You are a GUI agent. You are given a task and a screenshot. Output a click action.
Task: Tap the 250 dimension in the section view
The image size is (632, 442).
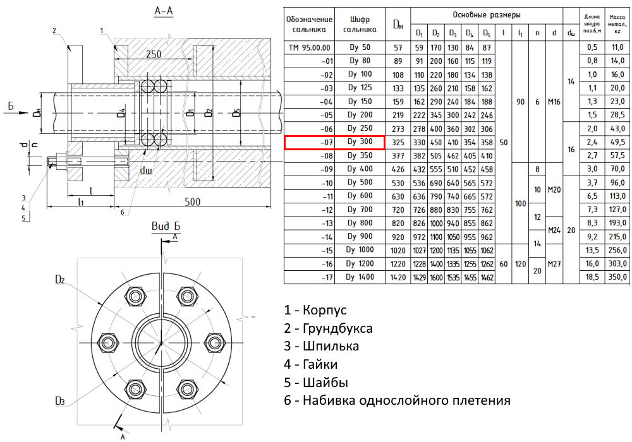point(154,55)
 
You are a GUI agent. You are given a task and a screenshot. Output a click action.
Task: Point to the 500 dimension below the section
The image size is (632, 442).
point(193,202)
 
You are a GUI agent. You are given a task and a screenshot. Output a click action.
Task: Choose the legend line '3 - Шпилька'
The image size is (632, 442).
point(322,346)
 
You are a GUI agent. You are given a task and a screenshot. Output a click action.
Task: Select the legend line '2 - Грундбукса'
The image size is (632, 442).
point(328,328)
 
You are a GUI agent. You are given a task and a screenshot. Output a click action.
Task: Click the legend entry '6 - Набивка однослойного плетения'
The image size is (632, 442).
point(397,400)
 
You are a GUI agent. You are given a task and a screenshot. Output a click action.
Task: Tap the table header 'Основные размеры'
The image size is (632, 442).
point(486,14)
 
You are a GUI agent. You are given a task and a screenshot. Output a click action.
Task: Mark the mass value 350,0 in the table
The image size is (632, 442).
point(616,277)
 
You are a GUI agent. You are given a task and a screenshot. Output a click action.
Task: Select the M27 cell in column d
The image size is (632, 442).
point(554,263)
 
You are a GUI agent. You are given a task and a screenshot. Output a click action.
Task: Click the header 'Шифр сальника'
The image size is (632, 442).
point(359,25)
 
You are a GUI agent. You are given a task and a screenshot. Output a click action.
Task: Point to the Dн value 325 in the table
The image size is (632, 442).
point(398,143)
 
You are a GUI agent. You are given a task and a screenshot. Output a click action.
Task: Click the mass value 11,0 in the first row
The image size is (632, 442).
point(616,47)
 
